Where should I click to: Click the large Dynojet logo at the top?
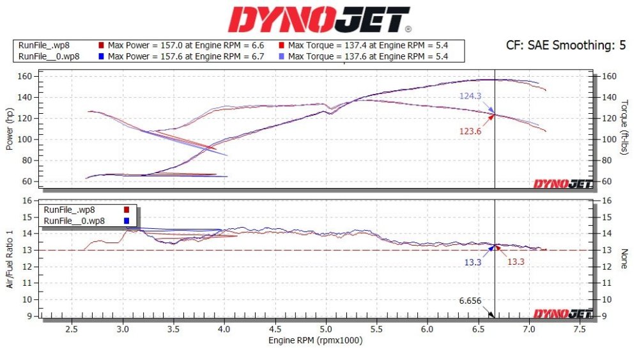(319, 19)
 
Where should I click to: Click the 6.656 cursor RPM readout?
(470, 301)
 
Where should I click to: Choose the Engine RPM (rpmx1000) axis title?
(315, 341)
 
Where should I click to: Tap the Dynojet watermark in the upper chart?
(563, 184)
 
